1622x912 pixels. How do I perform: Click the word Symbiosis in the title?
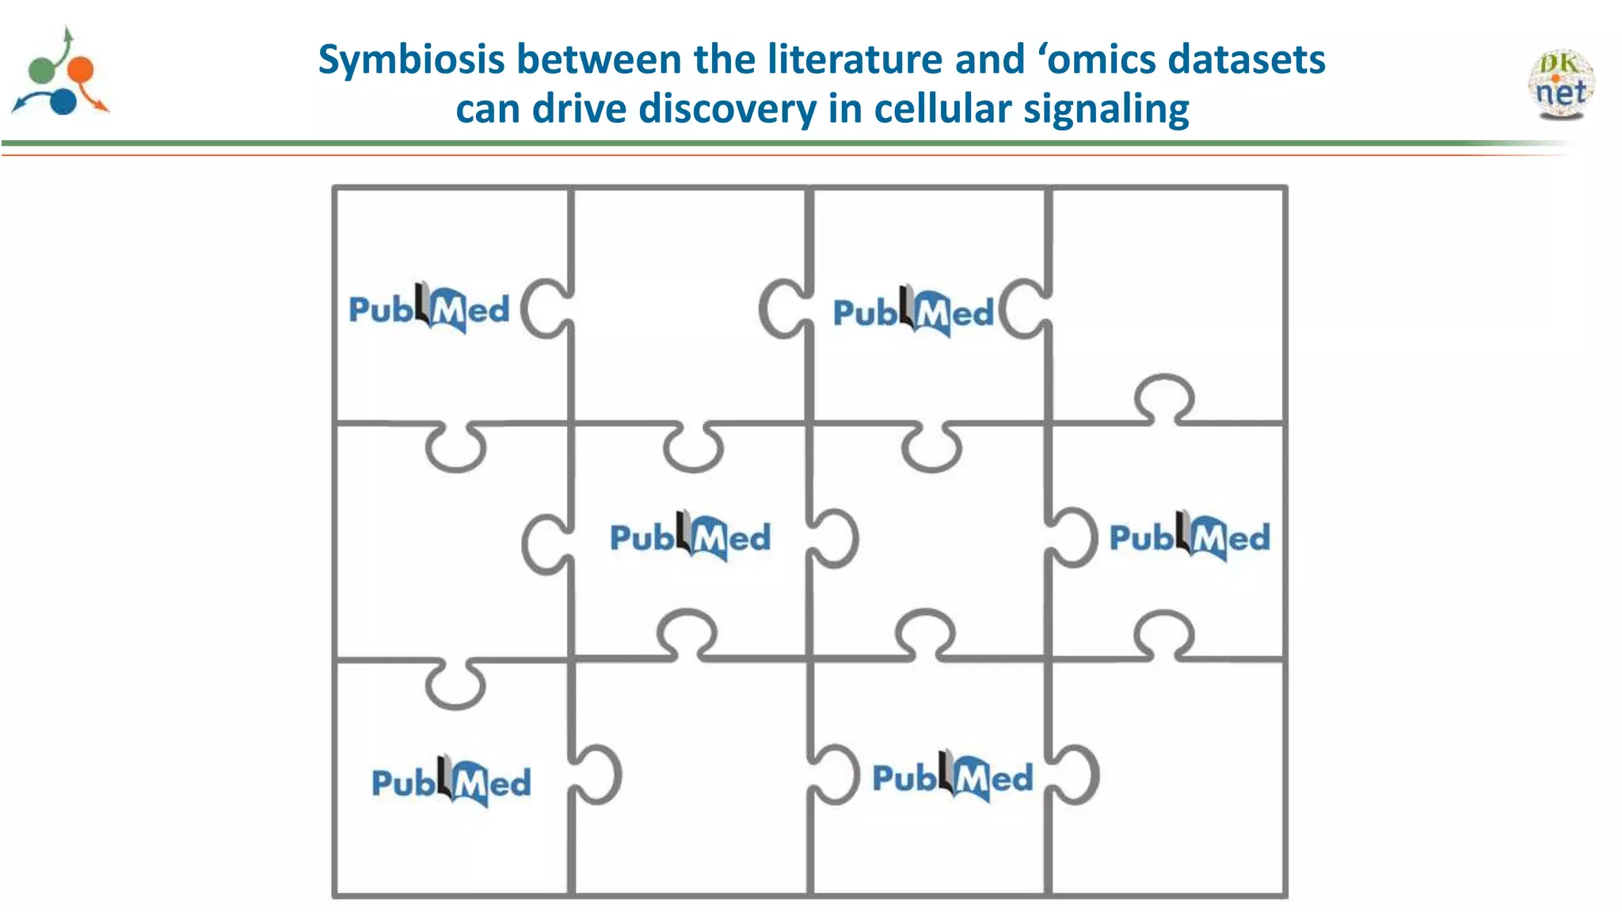pos(411,60)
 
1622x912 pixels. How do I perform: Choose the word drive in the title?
pos(579,108)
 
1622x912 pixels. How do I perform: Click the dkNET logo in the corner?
pos(1560,84)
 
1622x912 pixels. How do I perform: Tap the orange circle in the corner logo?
pos(80,70)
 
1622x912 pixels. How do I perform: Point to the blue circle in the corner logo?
pos(63,101)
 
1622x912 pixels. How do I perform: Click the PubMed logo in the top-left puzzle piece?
pos(429,309)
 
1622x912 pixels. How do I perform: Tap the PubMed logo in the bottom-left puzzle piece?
pos(451,782)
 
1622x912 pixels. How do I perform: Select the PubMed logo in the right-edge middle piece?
pos(1190,537)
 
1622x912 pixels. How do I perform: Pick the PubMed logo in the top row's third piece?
pos(913,312)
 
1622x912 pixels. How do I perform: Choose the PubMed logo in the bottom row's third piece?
pos(953,777)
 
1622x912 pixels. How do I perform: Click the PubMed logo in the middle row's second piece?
pos(690,537)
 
